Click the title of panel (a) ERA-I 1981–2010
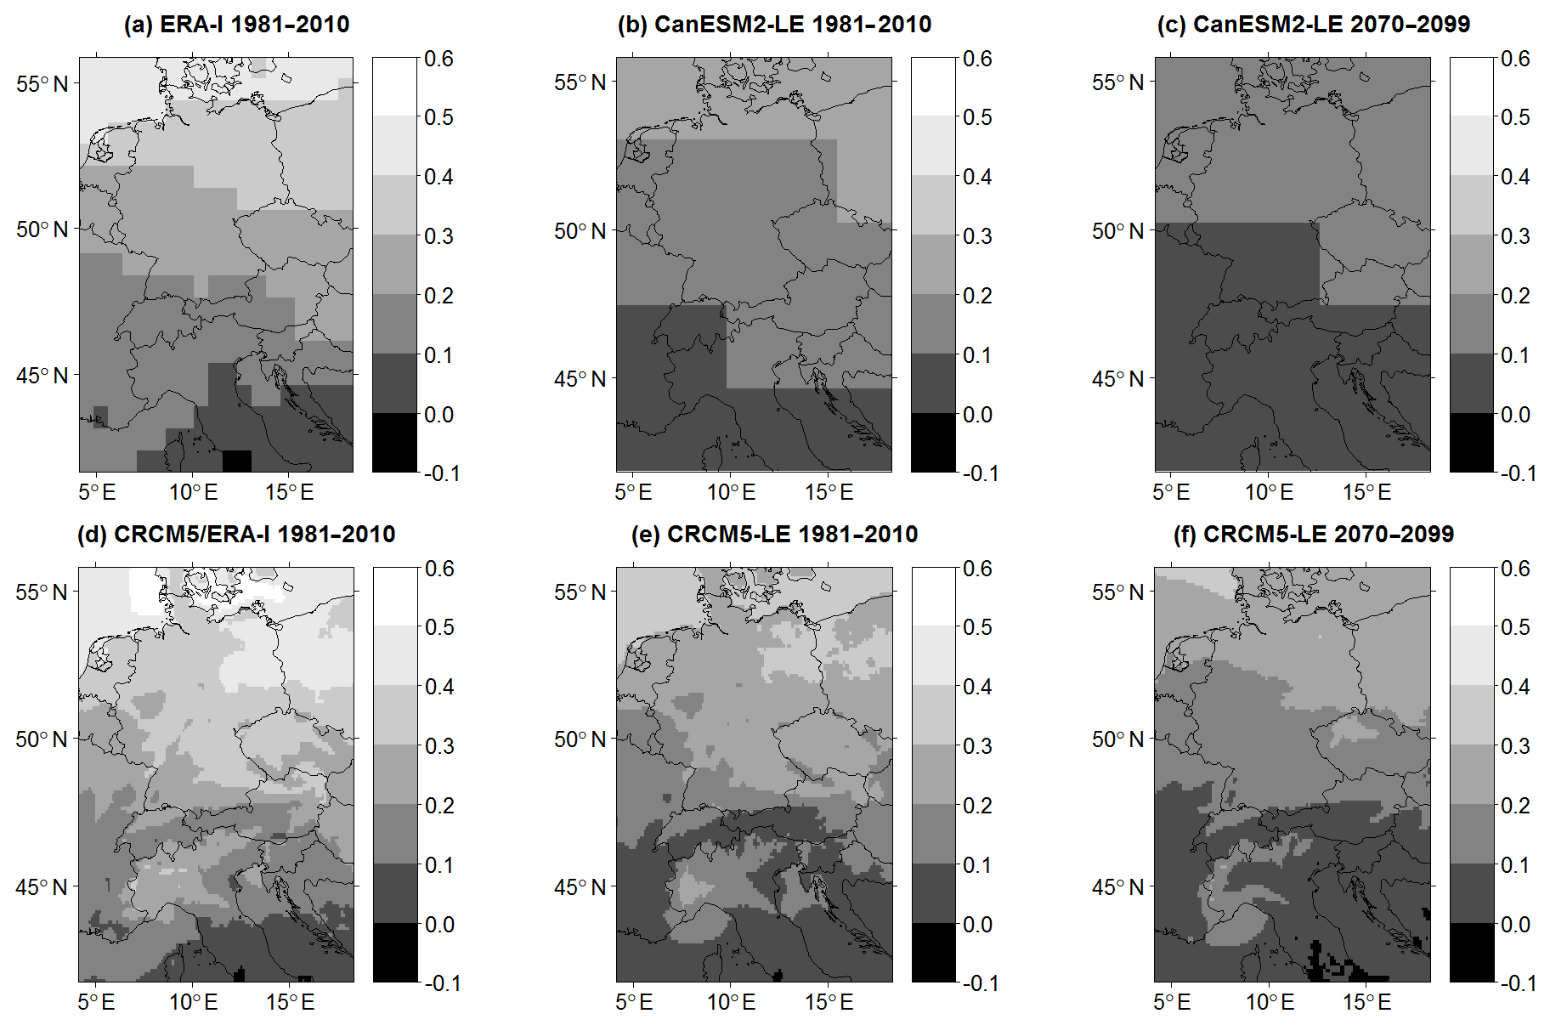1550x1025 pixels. (x=236, y=24)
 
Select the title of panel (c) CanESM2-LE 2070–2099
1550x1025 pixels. (x=1313, y=24)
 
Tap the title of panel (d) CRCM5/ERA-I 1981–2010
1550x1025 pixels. (x=236, y=534)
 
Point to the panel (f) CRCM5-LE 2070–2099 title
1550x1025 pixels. (x=1313, y=534)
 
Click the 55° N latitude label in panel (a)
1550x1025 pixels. (x=42, y=84)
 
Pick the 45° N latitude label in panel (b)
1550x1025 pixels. (x=580, y=379)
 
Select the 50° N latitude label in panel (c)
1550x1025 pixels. (x=1117, y=230)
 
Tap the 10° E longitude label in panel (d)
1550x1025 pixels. (x=193, y=1002)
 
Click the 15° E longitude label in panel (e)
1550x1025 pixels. (x=829, y=1002)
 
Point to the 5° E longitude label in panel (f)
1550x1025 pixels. (x=1172, y=1002)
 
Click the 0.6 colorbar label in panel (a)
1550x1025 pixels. (x=438, y=59)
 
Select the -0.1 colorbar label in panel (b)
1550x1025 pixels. (x=980, y=473)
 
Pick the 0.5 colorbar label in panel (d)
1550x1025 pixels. (x=438, y=627)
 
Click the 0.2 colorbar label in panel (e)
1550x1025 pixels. (x=977, y=805)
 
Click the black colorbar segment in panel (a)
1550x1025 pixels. (x=394, y=442)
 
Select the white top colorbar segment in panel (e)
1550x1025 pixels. (x=934, y=597)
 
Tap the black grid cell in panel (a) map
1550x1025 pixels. (x=237, y=460)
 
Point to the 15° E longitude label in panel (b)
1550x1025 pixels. (x=829, y=492)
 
